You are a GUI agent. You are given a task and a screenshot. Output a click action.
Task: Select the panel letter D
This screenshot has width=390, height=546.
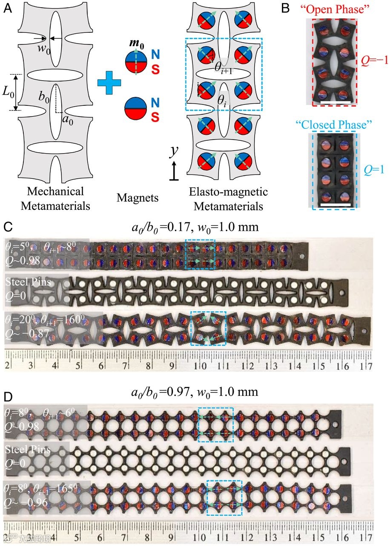click(7, 397)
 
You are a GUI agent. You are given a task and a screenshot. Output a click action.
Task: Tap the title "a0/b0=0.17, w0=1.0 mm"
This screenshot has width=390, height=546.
click(195, 227)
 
